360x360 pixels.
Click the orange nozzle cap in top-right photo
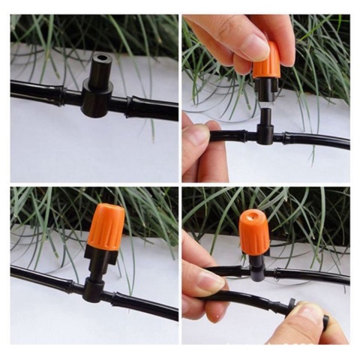point(266,61)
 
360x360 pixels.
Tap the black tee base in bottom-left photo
point(94,288)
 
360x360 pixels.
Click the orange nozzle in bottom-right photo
point(254,232)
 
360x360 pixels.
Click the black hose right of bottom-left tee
point(142,304)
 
